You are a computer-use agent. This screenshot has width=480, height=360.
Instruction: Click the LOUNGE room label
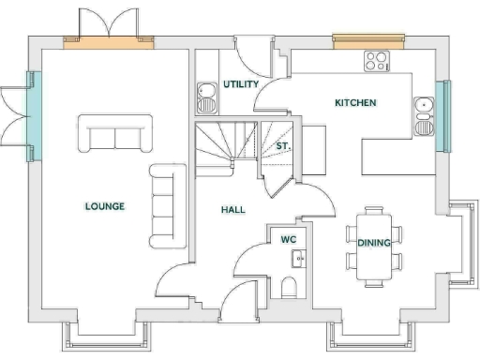pos(104,206)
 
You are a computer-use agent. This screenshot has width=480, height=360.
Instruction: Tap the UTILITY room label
pos(241,84)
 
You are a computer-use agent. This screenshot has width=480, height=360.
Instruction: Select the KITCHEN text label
pos(355,102)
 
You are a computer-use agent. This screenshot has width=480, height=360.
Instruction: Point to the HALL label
pos(232,209)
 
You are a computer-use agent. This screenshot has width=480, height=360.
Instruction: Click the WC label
pos(289,239)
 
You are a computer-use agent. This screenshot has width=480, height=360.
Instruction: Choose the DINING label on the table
pos(374,243)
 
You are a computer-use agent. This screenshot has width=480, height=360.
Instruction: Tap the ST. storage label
pos(281,147)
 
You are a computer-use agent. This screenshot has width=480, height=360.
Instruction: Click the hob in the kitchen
pos(377,62)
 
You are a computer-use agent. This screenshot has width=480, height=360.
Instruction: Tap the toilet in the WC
pos(289,285)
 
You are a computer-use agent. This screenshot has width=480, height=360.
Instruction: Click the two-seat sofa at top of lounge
pos(115,133)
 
